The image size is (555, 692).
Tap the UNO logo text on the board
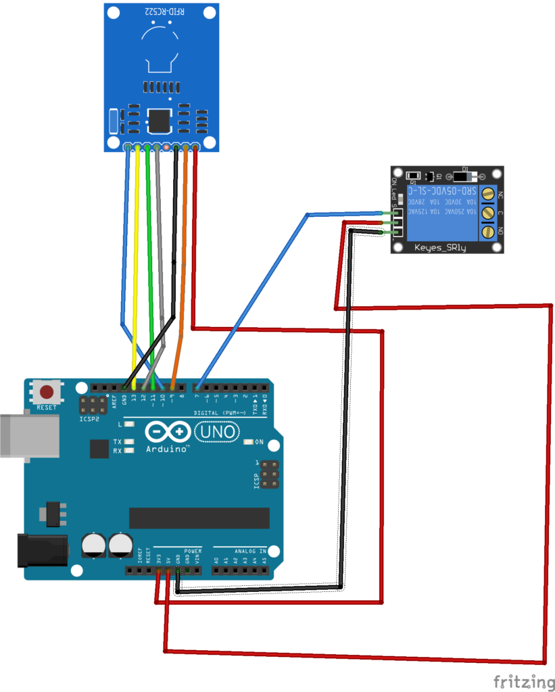click(x=216, y=431)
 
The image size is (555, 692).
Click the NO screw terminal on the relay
click(x=487, y=232)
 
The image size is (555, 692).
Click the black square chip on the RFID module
click(x=159, y=120)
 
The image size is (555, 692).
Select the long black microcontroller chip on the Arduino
click(x=199, y=518)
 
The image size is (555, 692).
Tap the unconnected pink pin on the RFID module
click(x=166, y=147)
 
